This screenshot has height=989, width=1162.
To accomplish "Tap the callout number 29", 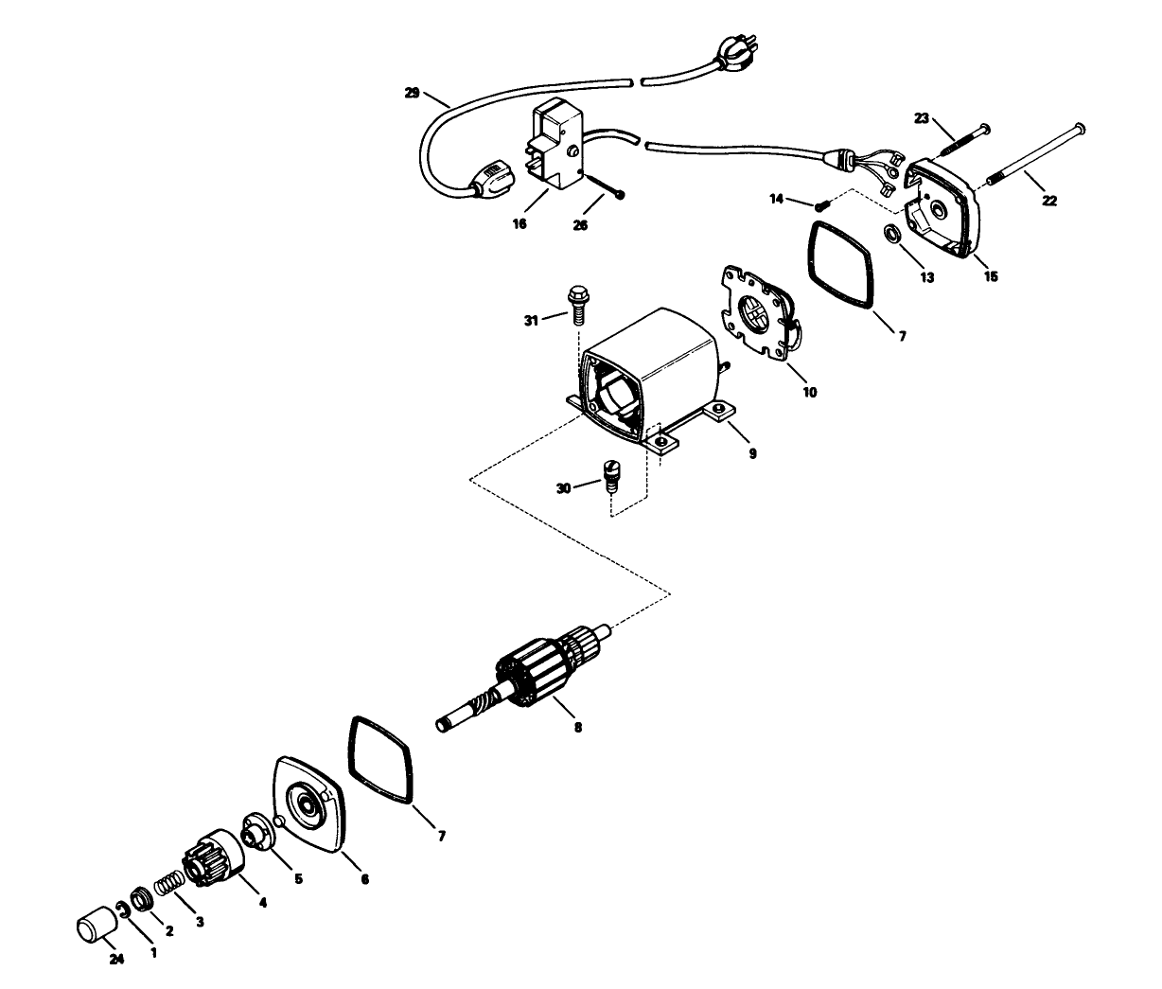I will click(411, 93).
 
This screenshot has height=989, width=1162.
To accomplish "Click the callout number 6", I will click(364, 879).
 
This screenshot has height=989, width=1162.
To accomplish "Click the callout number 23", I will click(922, 118).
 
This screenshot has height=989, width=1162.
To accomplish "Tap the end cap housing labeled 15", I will click(939, 209).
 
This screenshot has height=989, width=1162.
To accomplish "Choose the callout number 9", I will click(752, 453).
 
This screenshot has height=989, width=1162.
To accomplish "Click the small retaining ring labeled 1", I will click(123, 910).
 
